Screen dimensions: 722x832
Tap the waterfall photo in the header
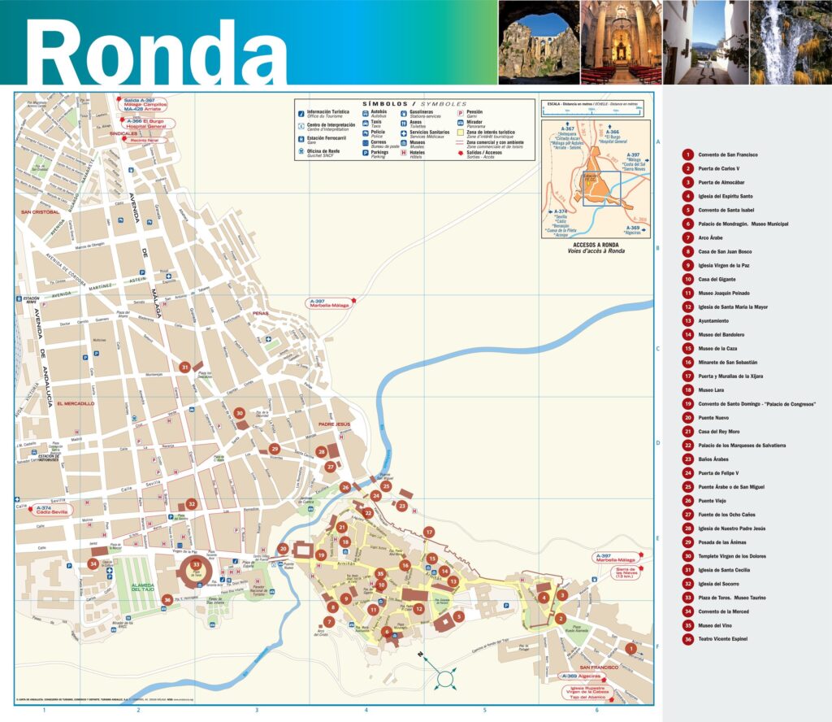791,41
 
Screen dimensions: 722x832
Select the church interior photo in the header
622,41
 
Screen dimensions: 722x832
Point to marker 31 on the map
185,368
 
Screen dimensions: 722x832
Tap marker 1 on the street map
631,648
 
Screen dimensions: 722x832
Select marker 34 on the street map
93,563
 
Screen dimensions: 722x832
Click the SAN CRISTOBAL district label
41,212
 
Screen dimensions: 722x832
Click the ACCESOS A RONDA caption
596,245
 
